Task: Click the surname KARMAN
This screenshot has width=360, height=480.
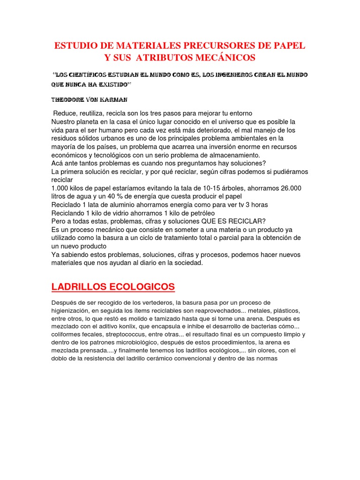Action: point(116,100)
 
